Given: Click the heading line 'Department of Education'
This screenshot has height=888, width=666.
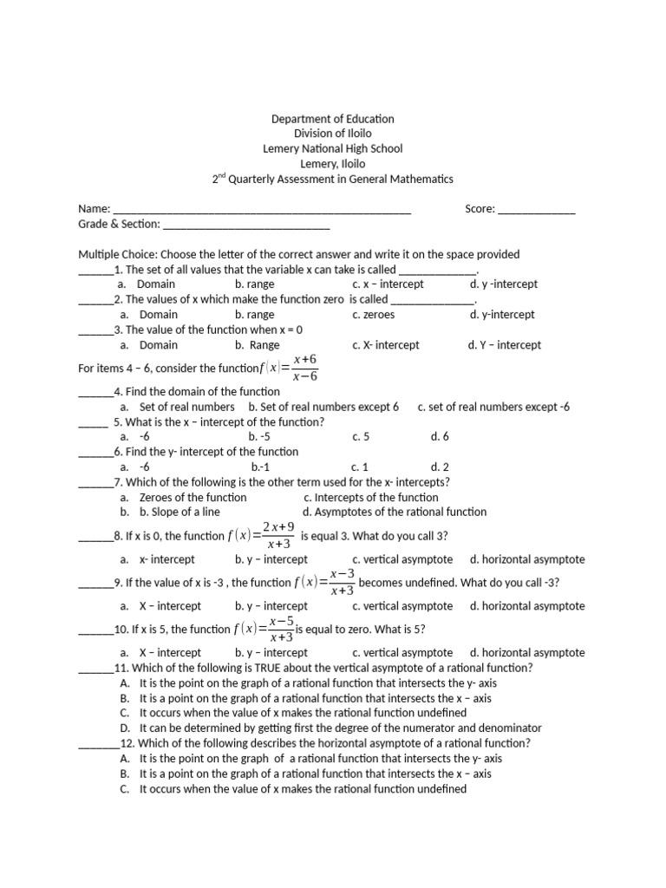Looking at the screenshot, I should tap(333, 119).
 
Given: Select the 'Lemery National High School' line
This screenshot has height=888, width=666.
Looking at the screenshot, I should tap(333, 148).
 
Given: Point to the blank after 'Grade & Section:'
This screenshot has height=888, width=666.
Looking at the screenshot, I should tap(246, 225).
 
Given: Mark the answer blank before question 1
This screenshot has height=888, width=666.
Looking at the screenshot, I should tap(95, 270).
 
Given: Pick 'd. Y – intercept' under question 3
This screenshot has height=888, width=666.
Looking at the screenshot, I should tap(504, 344).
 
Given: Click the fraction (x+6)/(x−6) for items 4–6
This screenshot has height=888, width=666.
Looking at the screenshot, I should tap(305, 367).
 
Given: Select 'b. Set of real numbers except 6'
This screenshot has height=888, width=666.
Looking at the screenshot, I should tap(323, 407).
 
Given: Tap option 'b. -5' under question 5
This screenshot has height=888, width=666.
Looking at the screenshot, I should tap(258, 436).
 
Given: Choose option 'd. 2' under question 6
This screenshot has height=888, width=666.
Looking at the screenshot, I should tap(440, 467).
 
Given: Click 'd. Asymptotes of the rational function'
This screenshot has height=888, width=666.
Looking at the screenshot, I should tap(395, 512).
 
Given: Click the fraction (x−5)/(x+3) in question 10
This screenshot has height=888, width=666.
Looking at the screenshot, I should tap(281, 629).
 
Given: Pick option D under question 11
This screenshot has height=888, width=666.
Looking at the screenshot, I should tap(331, 728).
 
